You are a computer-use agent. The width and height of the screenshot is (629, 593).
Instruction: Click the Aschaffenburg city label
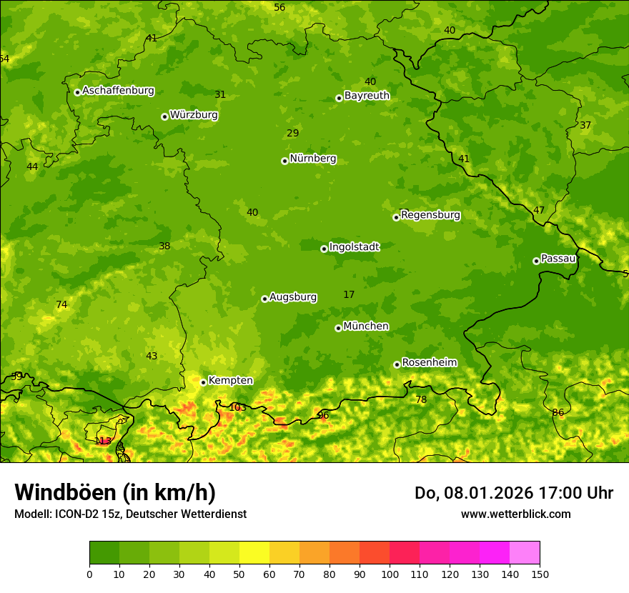click(x=118, y=91)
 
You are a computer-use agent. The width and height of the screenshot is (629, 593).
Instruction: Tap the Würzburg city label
click(x=194, y=115)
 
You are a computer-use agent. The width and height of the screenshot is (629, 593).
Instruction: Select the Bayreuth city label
click(x=367, y=96)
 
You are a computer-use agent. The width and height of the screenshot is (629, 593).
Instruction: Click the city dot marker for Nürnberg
click(x=284, y=161)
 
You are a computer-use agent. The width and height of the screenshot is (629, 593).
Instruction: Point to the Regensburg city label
click(x=430, y=215)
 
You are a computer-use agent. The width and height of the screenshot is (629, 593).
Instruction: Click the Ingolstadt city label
click(x=354, y=247)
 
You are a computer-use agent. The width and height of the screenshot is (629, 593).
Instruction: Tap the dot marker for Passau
click(x=536, y=261)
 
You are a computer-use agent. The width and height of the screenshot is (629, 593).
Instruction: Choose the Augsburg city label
click(x=293, y=297)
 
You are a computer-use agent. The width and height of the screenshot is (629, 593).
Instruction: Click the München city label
click(x=366, y=327)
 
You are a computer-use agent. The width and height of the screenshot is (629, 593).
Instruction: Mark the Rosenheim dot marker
click(x=397, y=364)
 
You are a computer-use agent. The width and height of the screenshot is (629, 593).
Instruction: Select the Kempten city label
click(x=230, y=381)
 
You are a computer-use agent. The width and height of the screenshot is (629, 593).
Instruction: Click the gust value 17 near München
click(x=349, y=294)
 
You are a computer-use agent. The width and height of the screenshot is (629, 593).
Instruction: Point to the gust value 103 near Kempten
click(x=237, y=408)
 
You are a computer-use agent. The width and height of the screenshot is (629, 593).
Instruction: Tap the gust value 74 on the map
click(x=61, y=305)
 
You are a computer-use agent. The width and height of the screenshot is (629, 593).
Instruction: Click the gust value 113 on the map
click(x=103, y=441)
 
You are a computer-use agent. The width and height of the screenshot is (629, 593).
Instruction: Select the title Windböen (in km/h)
click(x=115, y=492)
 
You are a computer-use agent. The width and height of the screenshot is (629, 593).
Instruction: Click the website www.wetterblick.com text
click(x=515, y=514)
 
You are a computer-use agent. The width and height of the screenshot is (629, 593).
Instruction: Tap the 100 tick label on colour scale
click(x=390, y=574)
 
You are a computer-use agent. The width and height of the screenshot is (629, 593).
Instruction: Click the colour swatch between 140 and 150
click(x=525, y=553)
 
